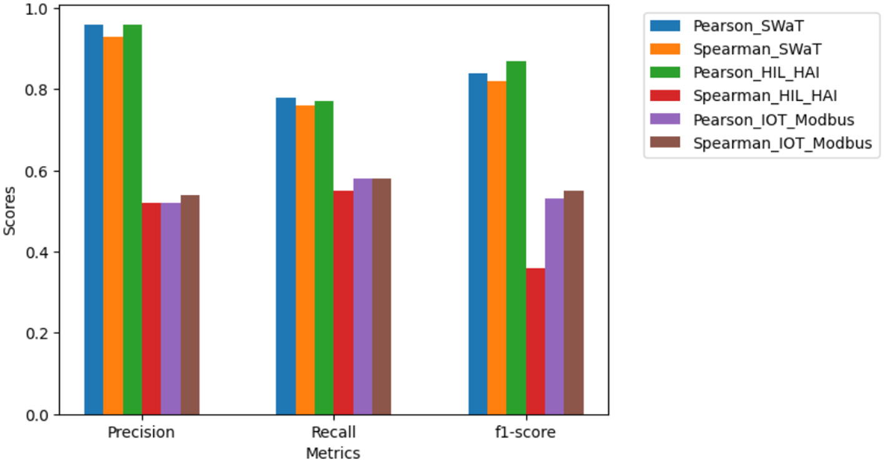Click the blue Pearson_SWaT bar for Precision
click(x=94, y=219)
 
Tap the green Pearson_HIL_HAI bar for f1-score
click(x=516, y=238)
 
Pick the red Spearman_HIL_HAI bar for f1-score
click(x=535, y=341)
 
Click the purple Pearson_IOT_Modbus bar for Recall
click(x=362, y=297)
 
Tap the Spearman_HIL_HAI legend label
click(x=765, y=96)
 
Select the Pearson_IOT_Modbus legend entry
click(x=773, y=119)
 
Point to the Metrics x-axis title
click(x=333, y=453)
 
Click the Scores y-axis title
click(x=9, y=211)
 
